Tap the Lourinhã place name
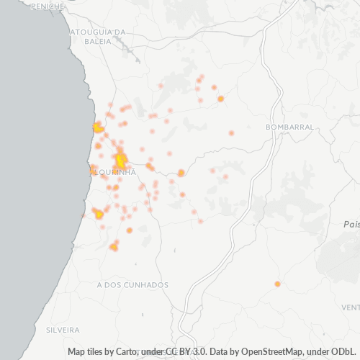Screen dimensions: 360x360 coord(113,172)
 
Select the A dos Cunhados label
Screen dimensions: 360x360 coord(132,285)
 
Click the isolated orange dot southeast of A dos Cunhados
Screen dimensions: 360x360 coord(277,284)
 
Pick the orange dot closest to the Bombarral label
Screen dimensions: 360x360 coord(231,132)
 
